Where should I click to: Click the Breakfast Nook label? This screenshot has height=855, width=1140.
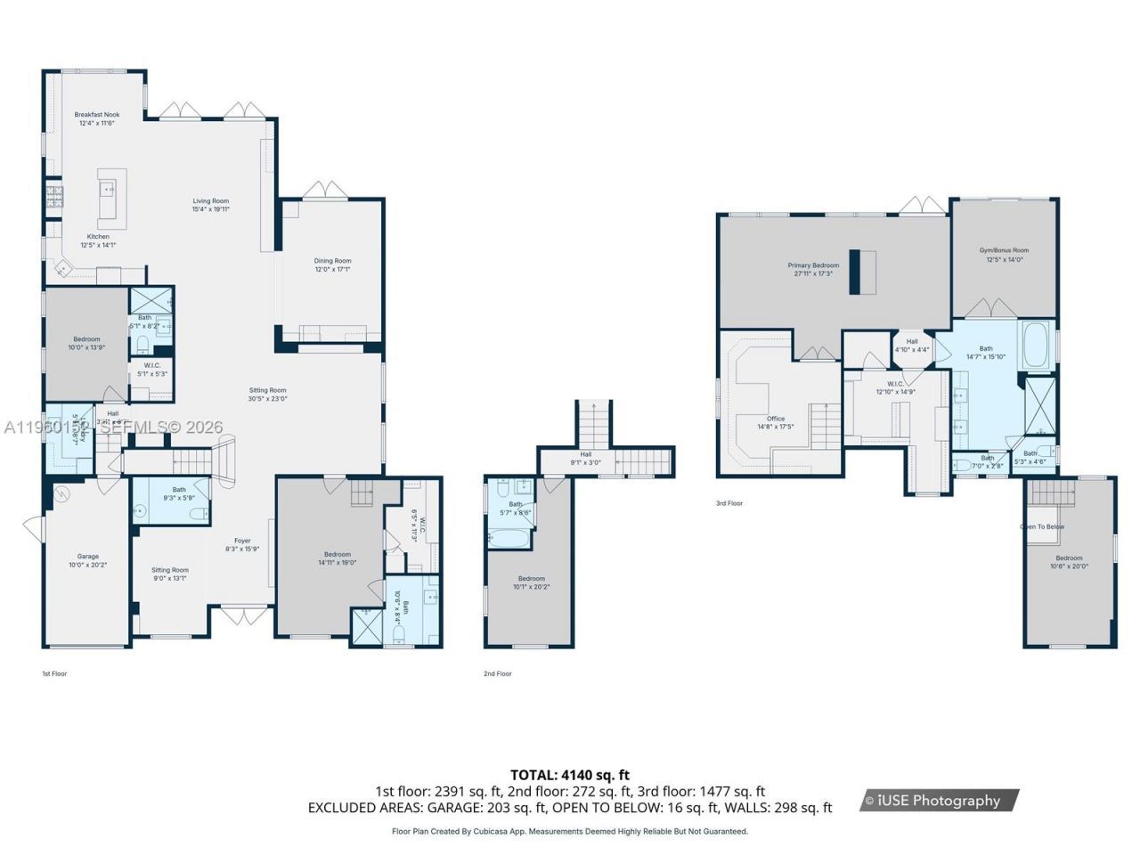coord(96,115)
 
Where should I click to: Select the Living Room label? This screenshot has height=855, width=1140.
coord(211,201)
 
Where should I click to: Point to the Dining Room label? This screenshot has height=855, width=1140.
coord(332,262)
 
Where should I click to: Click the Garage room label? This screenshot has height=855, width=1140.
coord(87,557)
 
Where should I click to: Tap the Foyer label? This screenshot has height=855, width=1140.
coord(242,541)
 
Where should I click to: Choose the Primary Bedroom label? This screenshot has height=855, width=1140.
coord(813,265)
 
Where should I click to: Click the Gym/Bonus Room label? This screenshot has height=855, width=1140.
coord(1004,251)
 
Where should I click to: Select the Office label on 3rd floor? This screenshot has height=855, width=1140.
coord(775,419)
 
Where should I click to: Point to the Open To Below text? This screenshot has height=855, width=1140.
coord(1042,527)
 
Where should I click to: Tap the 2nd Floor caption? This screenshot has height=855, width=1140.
coord(498,674)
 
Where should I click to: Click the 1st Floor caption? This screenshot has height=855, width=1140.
coord(54,674)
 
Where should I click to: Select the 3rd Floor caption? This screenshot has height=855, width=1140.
coord(729,504)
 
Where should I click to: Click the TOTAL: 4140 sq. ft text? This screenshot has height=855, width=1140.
coord(569,775)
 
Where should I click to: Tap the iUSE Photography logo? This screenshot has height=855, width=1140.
coord(940,801)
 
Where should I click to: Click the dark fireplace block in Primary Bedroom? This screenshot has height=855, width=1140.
coord(862,272)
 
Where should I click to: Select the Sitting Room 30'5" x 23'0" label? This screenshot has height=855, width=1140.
coord(267,390)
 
